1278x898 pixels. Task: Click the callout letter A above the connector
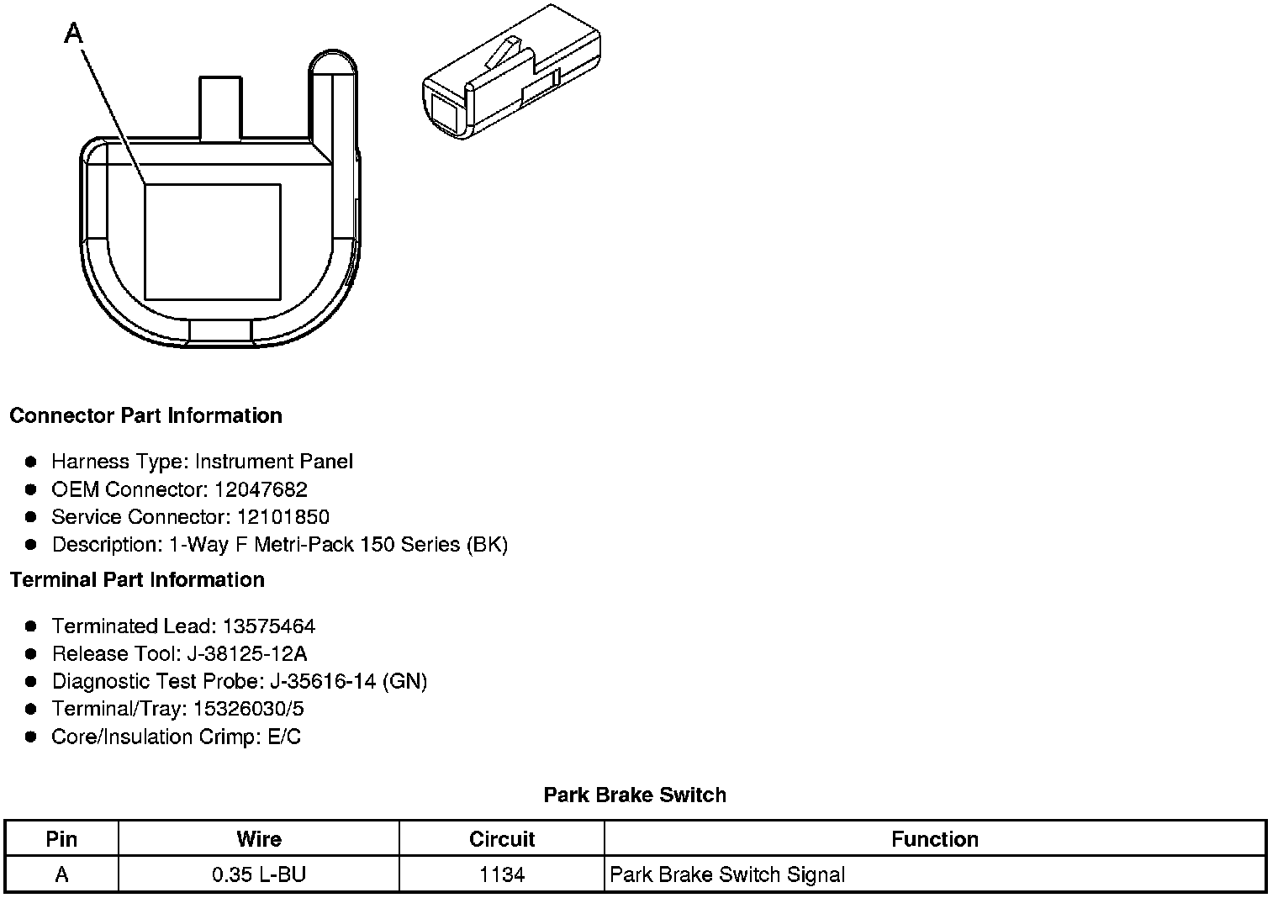(x=74, y=34)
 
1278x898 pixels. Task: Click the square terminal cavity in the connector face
(x=212, y=242)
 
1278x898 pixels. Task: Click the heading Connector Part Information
(x=145, y=416)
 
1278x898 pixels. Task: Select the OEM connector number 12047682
(x=261, y=489)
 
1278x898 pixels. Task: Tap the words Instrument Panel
(x=274, y=462)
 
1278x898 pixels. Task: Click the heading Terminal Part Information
(x=137, y=580)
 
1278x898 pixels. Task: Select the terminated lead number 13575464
(x=269, y=626)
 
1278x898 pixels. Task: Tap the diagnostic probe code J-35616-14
(x=324, y=682)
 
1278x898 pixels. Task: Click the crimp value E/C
(x=283, y=737)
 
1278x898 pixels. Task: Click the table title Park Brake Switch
(x=635, y=795)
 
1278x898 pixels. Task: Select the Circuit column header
(x=502, y=839)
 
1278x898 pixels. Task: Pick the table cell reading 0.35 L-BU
(x=259, y=874)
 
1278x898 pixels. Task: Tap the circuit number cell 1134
(x=502, y=874)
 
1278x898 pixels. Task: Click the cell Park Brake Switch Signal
(x=727, y=874)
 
